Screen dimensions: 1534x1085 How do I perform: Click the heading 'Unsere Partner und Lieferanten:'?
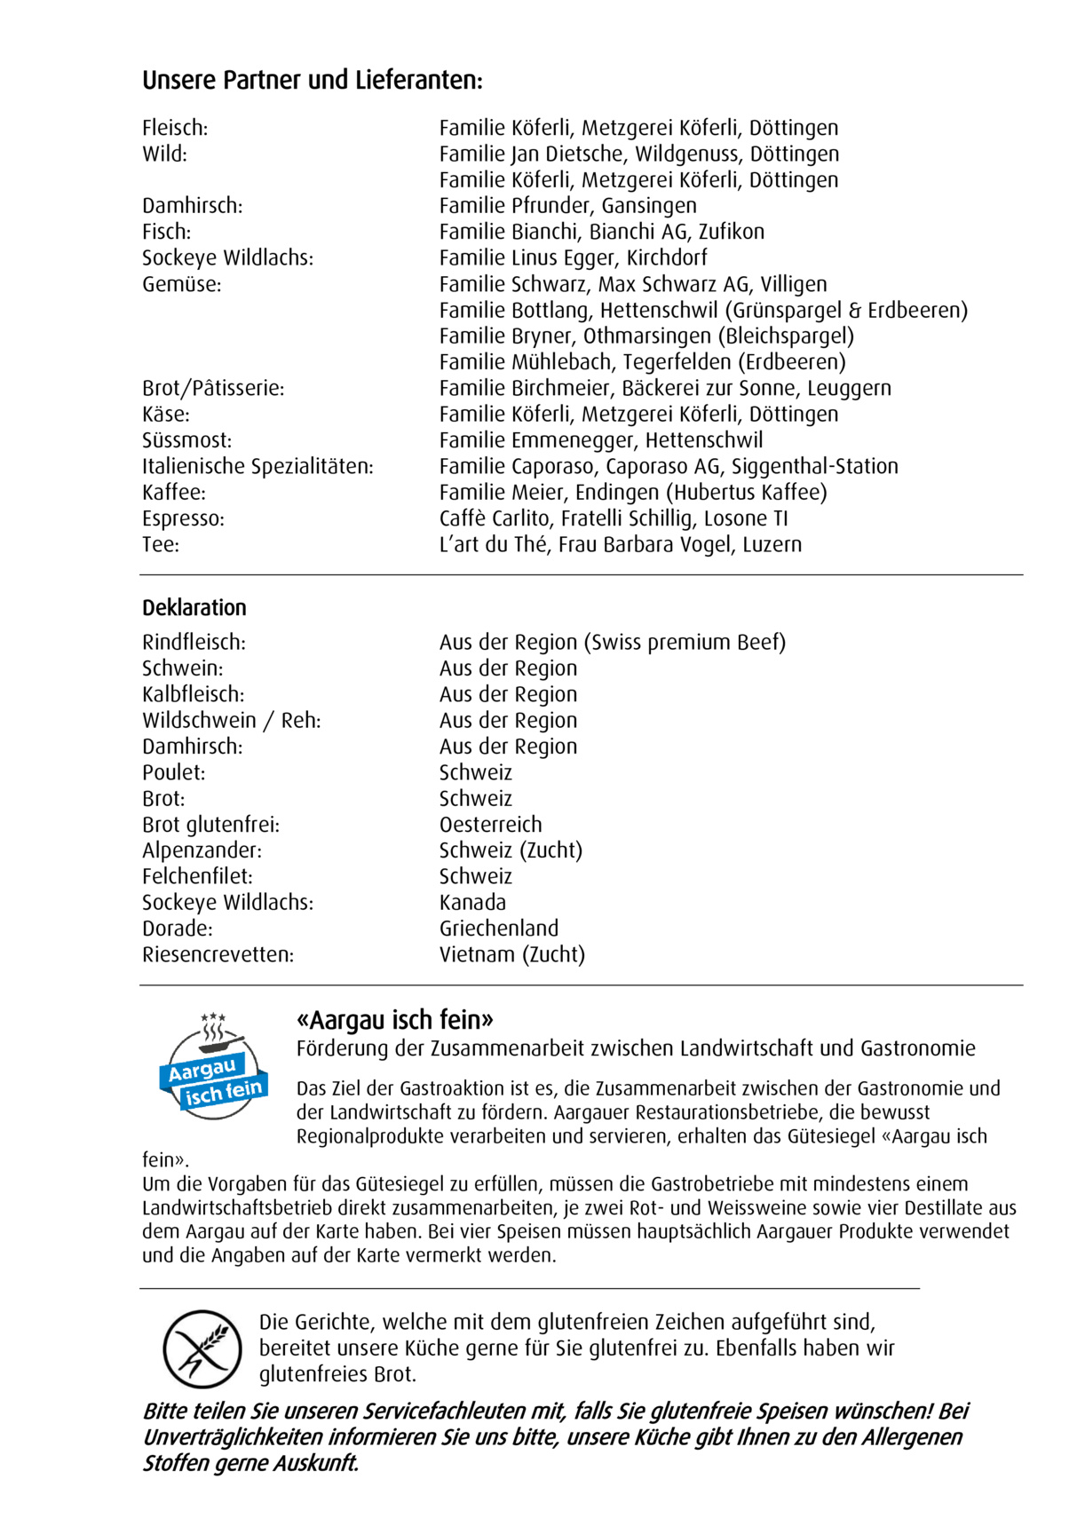(x=313, y=81)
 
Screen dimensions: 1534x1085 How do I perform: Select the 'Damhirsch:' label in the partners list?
(x=192, y=206)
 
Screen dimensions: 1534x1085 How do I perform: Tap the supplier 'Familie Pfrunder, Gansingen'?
(x=567, y=206)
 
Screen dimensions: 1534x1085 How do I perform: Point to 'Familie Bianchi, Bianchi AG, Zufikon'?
(x=601, y=232)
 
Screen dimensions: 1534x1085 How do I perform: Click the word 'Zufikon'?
(x=731, y=232)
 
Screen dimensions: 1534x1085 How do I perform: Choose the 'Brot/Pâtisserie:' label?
(x=213, y=388)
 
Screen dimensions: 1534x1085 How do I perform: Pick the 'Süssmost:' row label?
(x=186, y=440)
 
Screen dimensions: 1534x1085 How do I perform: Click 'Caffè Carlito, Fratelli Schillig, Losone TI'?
(x=613, y=518)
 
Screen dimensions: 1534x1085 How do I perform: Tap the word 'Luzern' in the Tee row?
(x=772, y=544)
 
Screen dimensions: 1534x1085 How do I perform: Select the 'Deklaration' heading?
(x=194, y=608)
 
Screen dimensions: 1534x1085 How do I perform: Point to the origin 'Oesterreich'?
(x=490, y=825)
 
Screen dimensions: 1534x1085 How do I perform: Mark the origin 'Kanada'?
(x=472, y=903)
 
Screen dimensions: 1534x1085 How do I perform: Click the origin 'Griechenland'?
(x=499, y=929)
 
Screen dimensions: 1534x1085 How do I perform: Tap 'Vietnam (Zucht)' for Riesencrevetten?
(x=511, y=954)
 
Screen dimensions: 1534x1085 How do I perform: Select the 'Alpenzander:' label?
(x=202, y=850)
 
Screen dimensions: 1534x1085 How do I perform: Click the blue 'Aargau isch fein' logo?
(x=213, y=1066)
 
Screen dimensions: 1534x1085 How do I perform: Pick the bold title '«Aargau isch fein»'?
(x=394, y=1020)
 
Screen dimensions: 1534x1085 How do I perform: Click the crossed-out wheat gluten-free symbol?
(x=202, y=1349)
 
